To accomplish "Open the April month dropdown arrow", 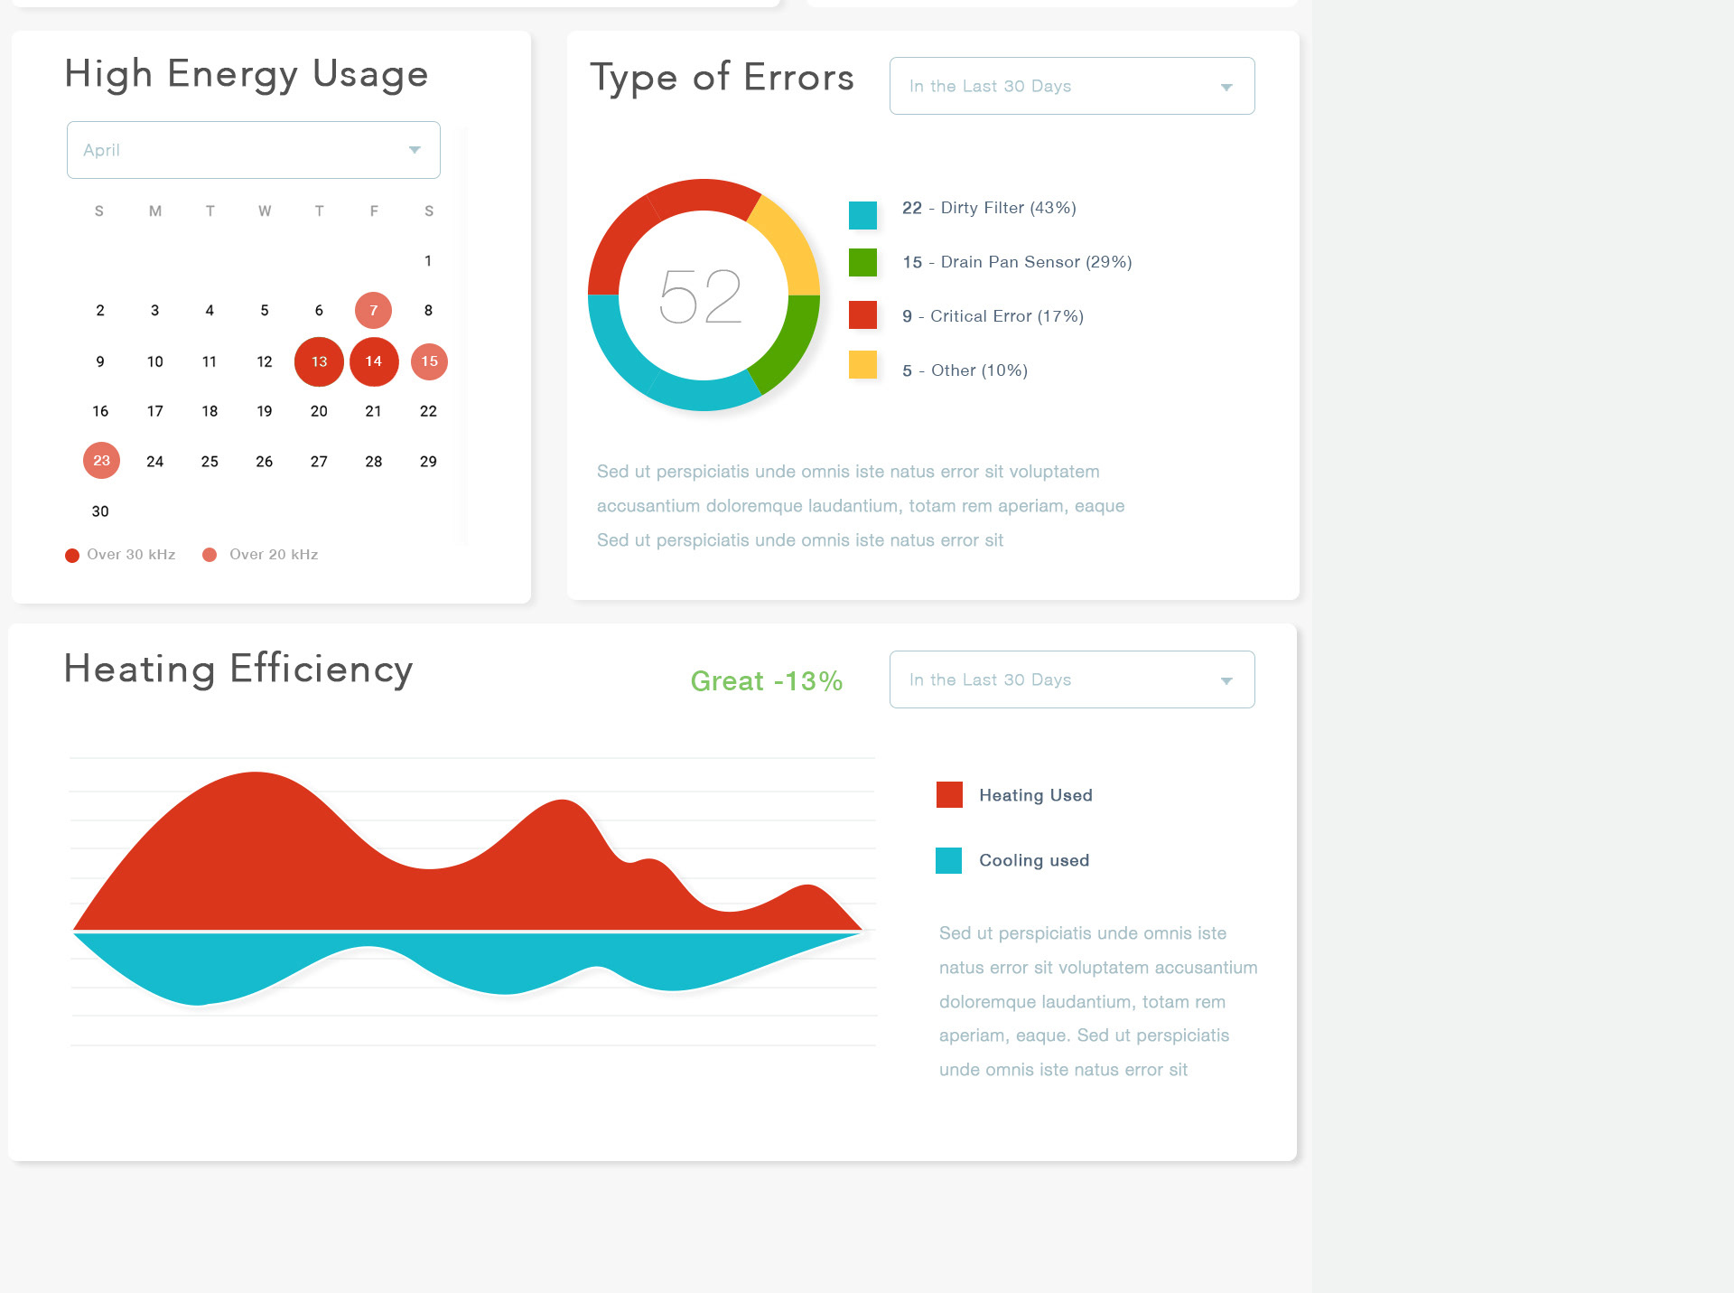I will [x=415, y=150].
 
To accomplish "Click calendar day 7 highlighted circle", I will [x=373, y=311].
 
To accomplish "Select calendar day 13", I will [x=319, y=361].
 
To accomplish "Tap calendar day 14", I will [x=374, y=361].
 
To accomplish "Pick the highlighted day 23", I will [x=101, y=461].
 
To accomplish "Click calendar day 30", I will [x=100, y=511].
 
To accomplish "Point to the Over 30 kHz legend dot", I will [x=72, y=556].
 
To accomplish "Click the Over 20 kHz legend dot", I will [x=210, y=555].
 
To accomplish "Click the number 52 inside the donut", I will [x=701, y=296].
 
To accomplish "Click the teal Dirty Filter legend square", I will [x=862, y=215].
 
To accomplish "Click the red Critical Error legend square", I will [x=862, y=315].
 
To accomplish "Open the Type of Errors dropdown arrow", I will [x=1226, y=88].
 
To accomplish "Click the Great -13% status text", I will [x=767, y=681].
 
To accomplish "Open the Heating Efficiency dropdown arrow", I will [x=1226, y=681].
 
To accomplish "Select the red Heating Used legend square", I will [x=949, y=795].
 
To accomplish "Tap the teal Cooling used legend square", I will [x=948, y=860].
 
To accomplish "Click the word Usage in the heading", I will [x=370, y=74].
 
